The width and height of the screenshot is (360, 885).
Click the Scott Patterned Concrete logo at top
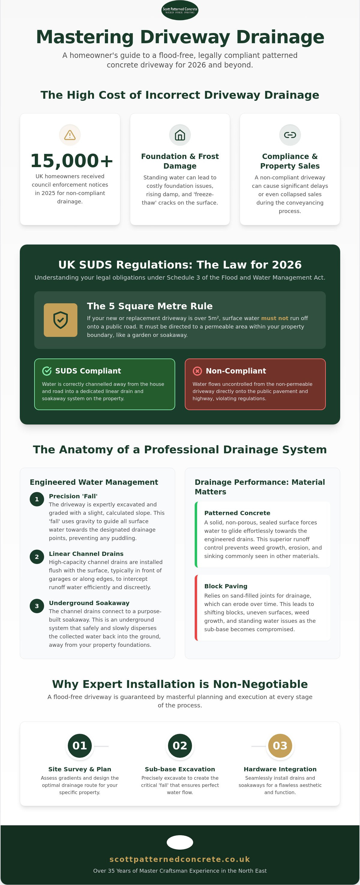tap(180, 10)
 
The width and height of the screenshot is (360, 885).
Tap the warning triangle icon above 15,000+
tap(70, 135)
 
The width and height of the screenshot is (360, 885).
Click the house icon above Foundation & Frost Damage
tap(180, 135)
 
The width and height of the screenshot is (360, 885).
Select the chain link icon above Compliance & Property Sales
tap(290, 135)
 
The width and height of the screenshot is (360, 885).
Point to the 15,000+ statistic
tap(71, 161)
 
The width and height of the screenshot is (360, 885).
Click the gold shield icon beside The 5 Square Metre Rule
tap(61, 320)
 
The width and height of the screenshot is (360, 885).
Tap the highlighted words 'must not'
tap(274, 318)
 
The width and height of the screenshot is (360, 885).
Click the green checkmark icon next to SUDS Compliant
tap(47, 371)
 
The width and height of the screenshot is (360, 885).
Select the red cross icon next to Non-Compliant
tap(197, 371)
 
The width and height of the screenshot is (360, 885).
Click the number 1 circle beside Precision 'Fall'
tap(37, 499)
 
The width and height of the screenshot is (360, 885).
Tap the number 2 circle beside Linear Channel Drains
tap(37, 557)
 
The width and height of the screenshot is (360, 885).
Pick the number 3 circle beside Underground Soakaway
tap(37, 606)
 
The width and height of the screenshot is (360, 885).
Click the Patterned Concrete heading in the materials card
tap(237, 513)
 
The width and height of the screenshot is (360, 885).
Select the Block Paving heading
tap(226, 586)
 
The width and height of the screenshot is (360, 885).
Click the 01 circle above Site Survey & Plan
tap(80, 745)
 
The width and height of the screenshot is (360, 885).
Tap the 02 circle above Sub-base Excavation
tap(180, 745)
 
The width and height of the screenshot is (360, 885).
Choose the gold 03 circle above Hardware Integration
tap(280, 745)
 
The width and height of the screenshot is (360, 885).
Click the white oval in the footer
tap(180, 842)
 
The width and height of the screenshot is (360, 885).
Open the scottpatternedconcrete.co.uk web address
tap(180, 859)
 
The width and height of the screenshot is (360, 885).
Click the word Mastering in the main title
tap(85, 37)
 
